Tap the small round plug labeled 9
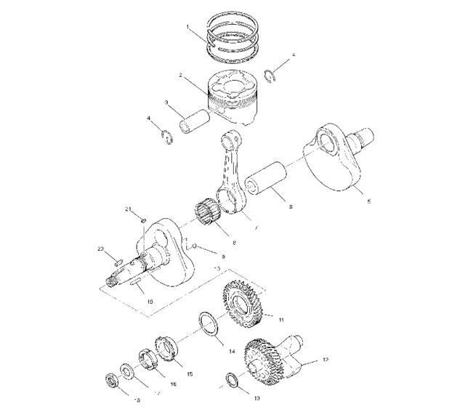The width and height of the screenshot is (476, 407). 194,248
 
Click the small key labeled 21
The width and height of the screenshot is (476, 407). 144,222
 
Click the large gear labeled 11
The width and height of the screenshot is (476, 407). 243,302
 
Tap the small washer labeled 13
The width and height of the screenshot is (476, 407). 231,379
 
